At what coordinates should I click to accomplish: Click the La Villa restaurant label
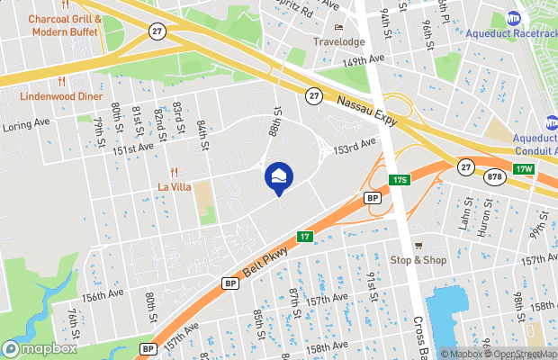click(175, 186)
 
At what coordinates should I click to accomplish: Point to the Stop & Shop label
click(418, 260)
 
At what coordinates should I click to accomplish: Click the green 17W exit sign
click(524, 169)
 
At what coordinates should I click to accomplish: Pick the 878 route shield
click(493, 178)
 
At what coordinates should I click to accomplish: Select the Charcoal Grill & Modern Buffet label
click(64, 25)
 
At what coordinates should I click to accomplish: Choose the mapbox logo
click(40, 348)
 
